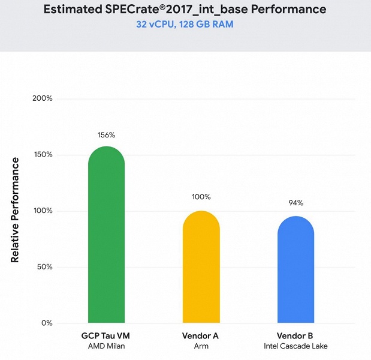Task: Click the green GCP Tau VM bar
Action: (x=106, y=237)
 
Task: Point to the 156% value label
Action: (x=106, y=135)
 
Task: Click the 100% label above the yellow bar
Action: (x=201, y=197)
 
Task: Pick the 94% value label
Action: (x=295, y=202)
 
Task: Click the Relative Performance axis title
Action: (x=16, y=210)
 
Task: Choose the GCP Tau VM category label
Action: (x=106, y=336)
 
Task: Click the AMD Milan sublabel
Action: (x=106, y=346)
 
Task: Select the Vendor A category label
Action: (x=201, y=336)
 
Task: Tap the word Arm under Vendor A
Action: (x=201, y=346)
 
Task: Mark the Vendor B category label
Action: (x=295, y=336)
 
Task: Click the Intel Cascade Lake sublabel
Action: (x=295, y=346)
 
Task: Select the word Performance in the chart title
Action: (x=287, y=10)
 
